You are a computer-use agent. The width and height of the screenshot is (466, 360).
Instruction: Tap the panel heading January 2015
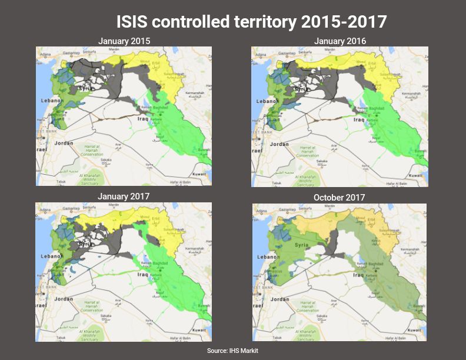[124, 41]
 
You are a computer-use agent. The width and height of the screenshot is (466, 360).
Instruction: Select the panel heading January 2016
[339, 41]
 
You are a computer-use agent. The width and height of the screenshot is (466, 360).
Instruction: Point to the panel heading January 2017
[124, 196]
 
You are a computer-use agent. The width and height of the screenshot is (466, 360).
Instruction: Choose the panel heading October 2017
[339, 197]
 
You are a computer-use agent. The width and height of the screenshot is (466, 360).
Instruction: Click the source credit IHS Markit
[232, 351]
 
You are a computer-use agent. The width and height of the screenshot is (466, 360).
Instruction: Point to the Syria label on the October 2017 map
[301, 245]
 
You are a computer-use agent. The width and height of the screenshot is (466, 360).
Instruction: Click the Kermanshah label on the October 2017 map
[409, 250]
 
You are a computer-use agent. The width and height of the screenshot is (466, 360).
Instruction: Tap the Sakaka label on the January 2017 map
[106, 316]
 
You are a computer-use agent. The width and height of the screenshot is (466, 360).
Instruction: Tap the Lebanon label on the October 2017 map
[268, 258]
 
